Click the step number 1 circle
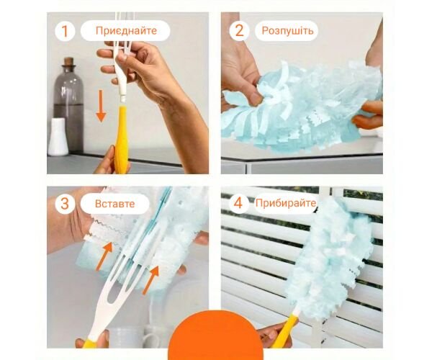pos(65,31)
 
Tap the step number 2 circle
pos(239,31)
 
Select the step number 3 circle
pos(65,204)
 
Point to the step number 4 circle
pos(238,203)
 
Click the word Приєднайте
pos(126,30)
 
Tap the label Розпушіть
pos(287,30)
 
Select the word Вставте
pos(115,204)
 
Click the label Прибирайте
pos(286,203)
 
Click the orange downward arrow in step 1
pos(101,106)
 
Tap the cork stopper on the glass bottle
pos(68,61)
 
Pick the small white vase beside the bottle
pos(58,137)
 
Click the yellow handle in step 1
pos(122,140)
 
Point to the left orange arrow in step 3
pos(104,256)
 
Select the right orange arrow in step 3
pos(150,279)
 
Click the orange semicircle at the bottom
pos(216,335)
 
